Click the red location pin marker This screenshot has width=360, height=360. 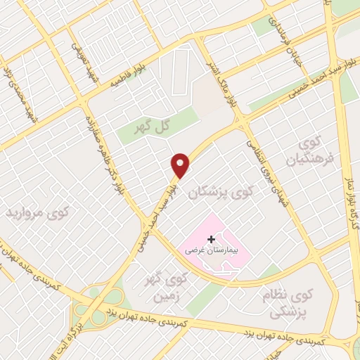pos(181,165)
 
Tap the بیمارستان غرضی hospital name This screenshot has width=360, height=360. pos(210,250)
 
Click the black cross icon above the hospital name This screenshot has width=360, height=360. pos(211,239)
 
